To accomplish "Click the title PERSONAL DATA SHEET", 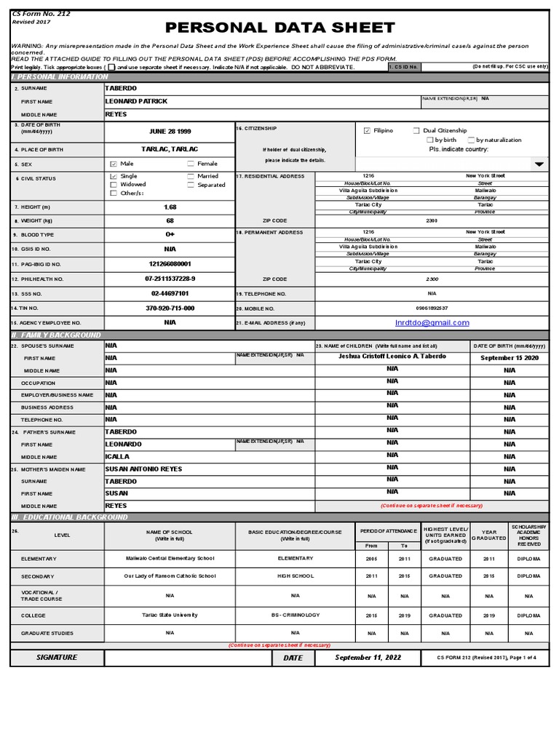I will [x=280, y=28].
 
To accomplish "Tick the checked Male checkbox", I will [x=113, y=164].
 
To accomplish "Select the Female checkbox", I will [x=191, y=164].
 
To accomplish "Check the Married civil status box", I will [x=191, y=176].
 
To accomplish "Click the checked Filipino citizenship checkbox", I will [x=367, y=131].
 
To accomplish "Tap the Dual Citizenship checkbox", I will [x=416, y=131].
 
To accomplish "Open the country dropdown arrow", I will [x=539, y=164].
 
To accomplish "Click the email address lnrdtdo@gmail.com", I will [x=432, y=323].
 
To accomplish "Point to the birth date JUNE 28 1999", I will [x=170, y=132].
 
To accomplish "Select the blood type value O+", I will [x=170, y=235].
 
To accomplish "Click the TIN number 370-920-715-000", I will [x=170, y=308].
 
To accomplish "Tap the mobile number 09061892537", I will [x=432, y=308].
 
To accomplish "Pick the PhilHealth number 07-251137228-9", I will [x=170, y=279].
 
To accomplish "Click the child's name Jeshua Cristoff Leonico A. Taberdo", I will [x=392, y=357].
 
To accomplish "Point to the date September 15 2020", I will [x=510, y=358].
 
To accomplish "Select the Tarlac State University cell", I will [x=170, y=615].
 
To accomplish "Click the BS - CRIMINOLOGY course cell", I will [x=295, y=615].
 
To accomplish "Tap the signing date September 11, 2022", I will [x=368, y=658].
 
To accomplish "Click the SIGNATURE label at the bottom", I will [x=57, y=658].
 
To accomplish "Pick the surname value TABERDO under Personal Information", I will [x=120, y=88].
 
